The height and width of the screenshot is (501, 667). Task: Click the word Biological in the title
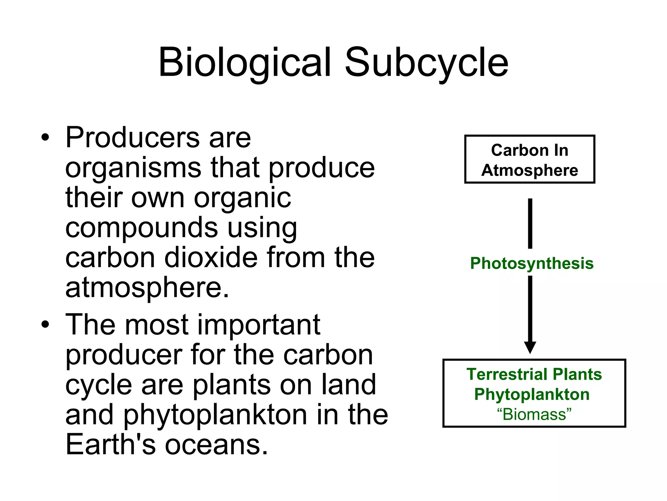point(244,63)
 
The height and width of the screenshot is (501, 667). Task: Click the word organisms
point(133,168)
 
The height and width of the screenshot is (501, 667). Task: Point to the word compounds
point(141,228)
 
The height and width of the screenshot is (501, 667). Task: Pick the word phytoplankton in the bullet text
point(215,415)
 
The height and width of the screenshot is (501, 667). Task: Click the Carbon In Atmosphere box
point(530,159)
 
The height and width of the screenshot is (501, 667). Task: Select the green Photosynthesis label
point(532,264)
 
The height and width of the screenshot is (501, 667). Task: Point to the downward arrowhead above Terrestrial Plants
point(530,347)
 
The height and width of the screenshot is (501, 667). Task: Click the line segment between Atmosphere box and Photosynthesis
point(530,223)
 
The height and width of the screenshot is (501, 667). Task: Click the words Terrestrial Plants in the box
point(534,374)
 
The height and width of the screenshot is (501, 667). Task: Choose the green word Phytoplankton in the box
point(532,395)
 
